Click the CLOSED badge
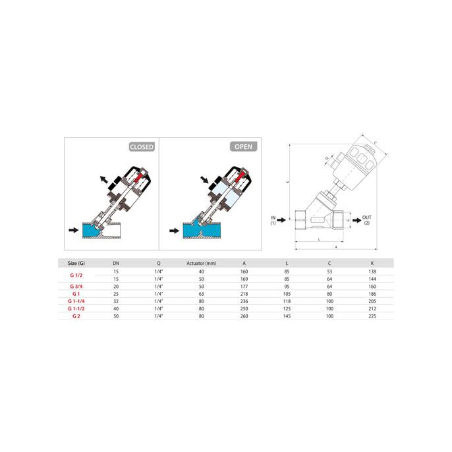point(142,147)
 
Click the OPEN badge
point(243,146)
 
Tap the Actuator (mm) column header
point(201,263)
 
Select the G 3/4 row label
point(76,287)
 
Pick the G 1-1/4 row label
point(76,301)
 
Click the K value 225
point(372,316)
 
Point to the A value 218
point(244,294)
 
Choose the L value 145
point(287,316)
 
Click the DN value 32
point(116,301)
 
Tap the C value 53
point(329,271)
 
